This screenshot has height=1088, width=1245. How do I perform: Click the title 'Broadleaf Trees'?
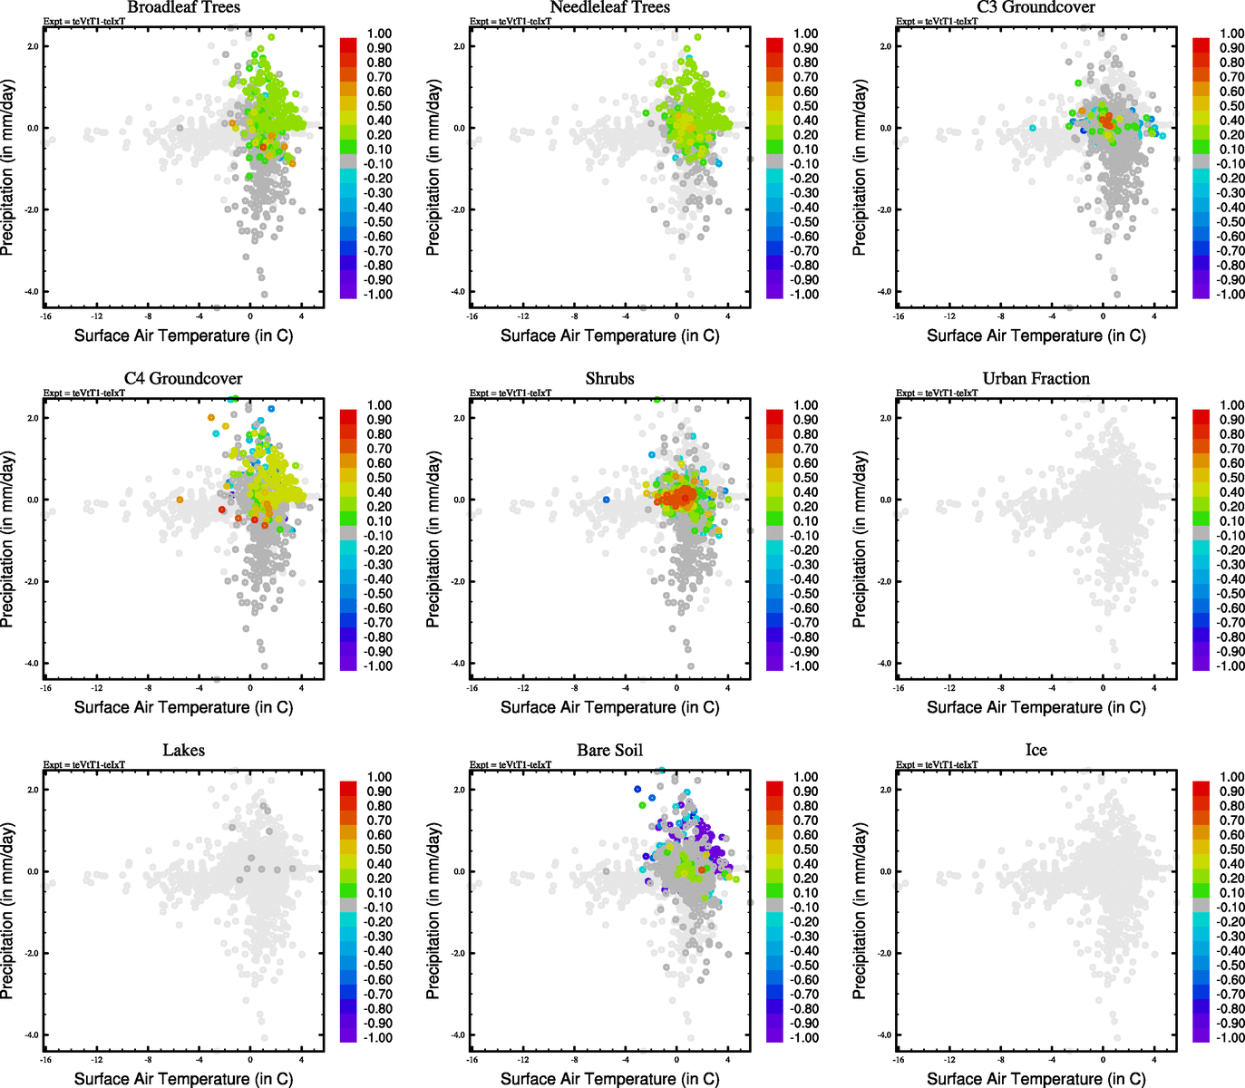(183, 7)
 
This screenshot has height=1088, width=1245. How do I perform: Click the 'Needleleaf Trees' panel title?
(609, 7)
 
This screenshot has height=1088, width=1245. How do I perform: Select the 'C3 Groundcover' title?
(1036, 7)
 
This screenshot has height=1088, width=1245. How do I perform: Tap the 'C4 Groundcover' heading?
(183, 378)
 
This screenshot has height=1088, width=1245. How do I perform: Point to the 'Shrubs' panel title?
(609, 378)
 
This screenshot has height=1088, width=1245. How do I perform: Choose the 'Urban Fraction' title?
(1036, 378)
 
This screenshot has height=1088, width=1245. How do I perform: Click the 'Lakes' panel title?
(183, 750)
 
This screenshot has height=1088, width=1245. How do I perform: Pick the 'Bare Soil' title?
(609, 750)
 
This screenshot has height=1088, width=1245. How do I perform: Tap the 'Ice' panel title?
(1036, 750)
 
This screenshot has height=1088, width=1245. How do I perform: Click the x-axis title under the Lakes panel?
(183, 1078)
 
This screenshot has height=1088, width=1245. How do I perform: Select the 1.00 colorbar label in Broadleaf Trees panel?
(379, 34)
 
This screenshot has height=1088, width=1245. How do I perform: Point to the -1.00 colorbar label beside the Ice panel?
(1230, 1037)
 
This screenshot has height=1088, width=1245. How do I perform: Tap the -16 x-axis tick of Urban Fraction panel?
(898, 687)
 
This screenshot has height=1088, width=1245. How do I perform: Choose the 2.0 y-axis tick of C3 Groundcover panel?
(885, 46)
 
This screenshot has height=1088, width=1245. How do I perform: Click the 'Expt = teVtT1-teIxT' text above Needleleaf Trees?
(510, 21)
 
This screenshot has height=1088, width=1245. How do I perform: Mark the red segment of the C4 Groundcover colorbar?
(348, 416)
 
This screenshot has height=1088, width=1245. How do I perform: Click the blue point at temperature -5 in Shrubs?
(606, 500)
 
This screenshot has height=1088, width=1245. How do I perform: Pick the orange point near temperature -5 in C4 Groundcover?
(180, 500)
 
